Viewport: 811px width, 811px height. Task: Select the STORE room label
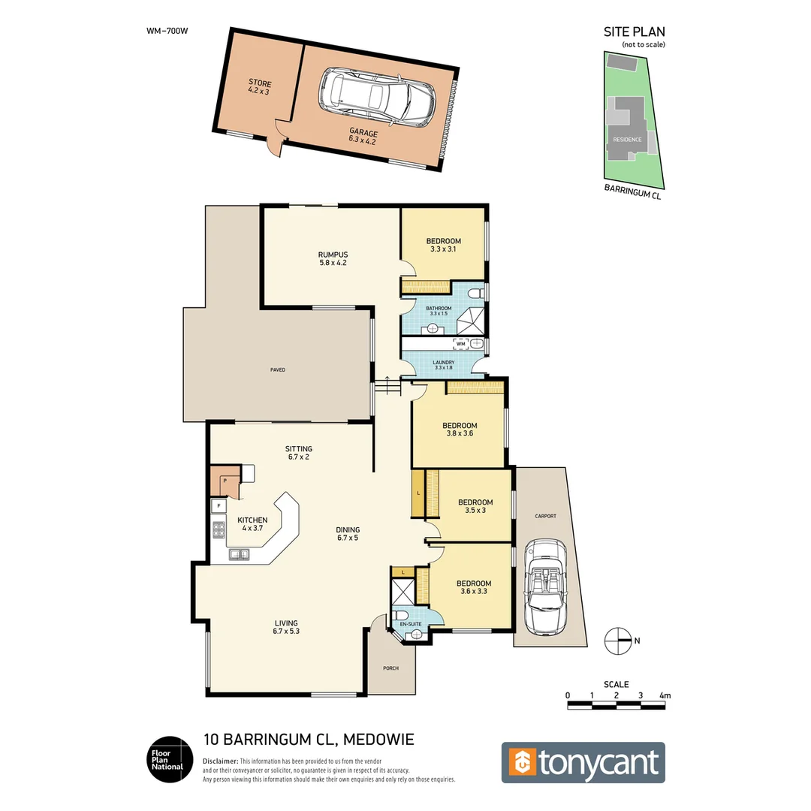260,83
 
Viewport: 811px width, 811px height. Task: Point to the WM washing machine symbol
461,344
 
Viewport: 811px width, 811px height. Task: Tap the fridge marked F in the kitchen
219,506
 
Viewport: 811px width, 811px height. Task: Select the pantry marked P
225,481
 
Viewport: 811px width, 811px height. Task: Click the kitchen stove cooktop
219,532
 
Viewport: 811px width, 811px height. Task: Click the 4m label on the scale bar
664,696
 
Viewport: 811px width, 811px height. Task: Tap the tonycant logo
583,763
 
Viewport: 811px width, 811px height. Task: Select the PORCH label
390,668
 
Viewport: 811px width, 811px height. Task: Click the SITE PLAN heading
634,32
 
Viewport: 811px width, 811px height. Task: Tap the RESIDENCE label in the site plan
627,140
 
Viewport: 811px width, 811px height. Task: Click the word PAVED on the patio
278,369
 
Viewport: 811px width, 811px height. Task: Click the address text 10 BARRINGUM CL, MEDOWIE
309,740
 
